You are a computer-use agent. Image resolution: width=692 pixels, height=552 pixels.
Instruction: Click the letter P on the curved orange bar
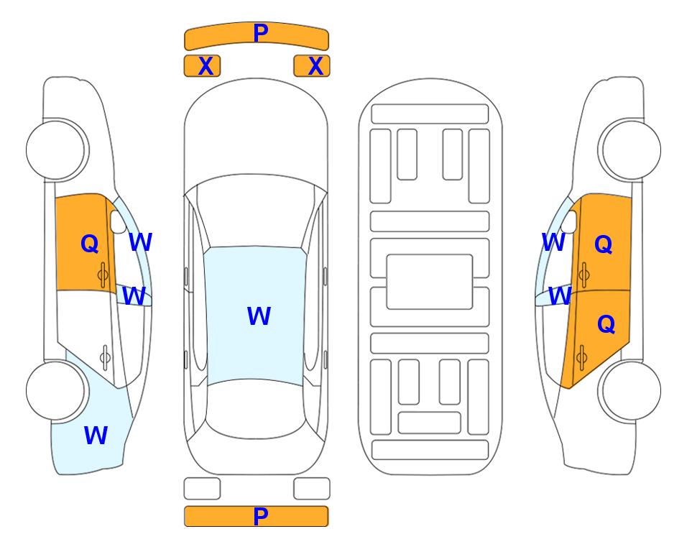click(261, 32)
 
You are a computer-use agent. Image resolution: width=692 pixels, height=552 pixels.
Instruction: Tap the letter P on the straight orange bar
click(261, 516)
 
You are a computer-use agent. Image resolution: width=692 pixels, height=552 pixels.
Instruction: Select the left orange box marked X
click(202, 66)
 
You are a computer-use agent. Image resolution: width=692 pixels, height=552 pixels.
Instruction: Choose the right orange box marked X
click(312, 66)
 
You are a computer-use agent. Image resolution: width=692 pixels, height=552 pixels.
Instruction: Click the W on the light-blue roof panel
click(259, 316)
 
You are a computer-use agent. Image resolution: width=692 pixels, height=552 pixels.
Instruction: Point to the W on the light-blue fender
click(96, 435)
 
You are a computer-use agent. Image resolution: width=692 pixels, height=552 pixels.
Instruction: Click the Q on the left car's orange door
click(90, 244)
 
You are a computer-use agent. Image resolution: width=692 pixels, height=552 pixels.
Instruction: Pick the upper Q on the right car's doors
click(604, 244)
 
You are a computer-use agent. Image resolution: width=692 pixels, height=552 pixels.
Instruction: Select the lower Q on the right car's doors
click(606, 325)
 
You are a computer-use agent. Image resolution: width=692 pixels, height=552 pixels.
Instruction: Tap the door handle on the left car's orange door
click(103, 275)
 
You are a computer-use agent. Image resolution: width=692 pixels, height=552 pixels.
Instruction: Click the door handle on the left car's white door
click(105, 357)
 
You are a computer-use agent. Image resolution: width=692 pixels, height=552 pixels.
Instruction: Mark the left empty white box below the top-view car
click(202, 489)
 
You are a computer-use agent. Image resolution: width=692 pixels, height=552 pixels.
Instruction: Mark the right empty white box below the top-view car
click(312, 489)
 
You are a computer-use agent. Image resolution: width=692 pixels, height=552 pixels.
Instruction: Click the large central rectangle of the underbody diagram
click(430, 282)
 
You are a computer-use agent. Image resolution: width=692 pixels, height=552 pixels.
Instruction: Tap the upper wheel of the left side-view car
click(55, 150)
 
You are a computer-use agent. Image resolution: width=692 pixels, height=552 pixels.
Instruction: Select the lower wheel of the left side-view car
click(55, 390)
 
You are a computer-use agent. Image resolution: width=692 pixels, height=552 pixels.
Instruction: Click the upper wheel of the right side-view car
click(632, 150)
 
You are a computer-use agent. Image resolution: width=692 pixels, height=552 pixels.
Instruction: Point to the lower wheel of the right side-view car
click(632, 390)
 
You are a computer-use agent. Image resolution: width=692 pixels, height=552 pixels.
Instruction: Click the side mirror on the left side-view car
click(119, 221)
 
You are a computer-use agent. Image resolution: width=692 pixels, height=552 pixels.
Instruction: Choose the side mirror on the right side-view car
click(569, 221)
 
